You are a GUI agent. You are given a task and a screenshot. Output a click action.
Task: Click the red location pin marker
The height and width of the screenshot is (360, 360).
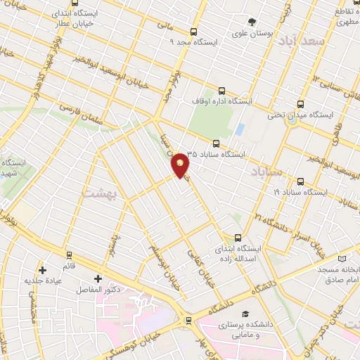coord(181,165)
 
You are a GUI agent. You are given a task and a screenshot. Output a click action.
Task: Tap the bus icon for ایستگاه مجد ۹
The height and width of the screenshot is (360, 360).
coord(193,32)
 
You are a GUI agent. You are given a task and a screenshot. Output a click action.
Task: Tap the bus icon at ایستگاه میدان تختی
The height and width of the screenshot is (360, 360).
coord(300,104)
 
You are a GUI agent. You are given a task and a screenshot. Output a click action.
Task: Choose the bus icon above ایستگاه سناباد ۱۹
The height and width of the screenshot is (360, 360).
coord(300,181)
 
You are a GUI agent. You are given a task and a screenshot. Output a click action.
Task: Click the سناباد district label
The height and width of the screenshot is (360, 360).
coord(266,171)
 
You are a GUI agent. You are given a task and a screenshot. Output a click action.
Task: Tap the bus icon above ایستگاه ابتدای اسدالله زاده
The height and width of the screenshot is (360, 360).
coord(238,238)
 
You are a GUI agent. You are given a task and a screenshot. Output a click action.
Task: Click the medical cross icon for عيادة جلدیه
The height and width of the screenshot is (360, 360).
coord(42,270)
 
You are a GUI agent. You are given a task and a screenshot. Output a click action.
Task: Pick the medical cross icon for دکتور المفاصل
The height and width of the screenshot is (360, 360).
coord(98,278)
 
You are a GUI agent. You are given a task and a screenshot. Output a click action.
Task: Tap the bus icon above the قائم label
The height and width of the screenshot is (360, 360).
coord(68,255)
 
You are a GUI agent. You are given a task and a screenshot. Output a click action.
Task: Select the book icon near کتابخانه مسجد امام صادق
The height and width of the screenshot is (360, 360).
coord(342,259)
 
